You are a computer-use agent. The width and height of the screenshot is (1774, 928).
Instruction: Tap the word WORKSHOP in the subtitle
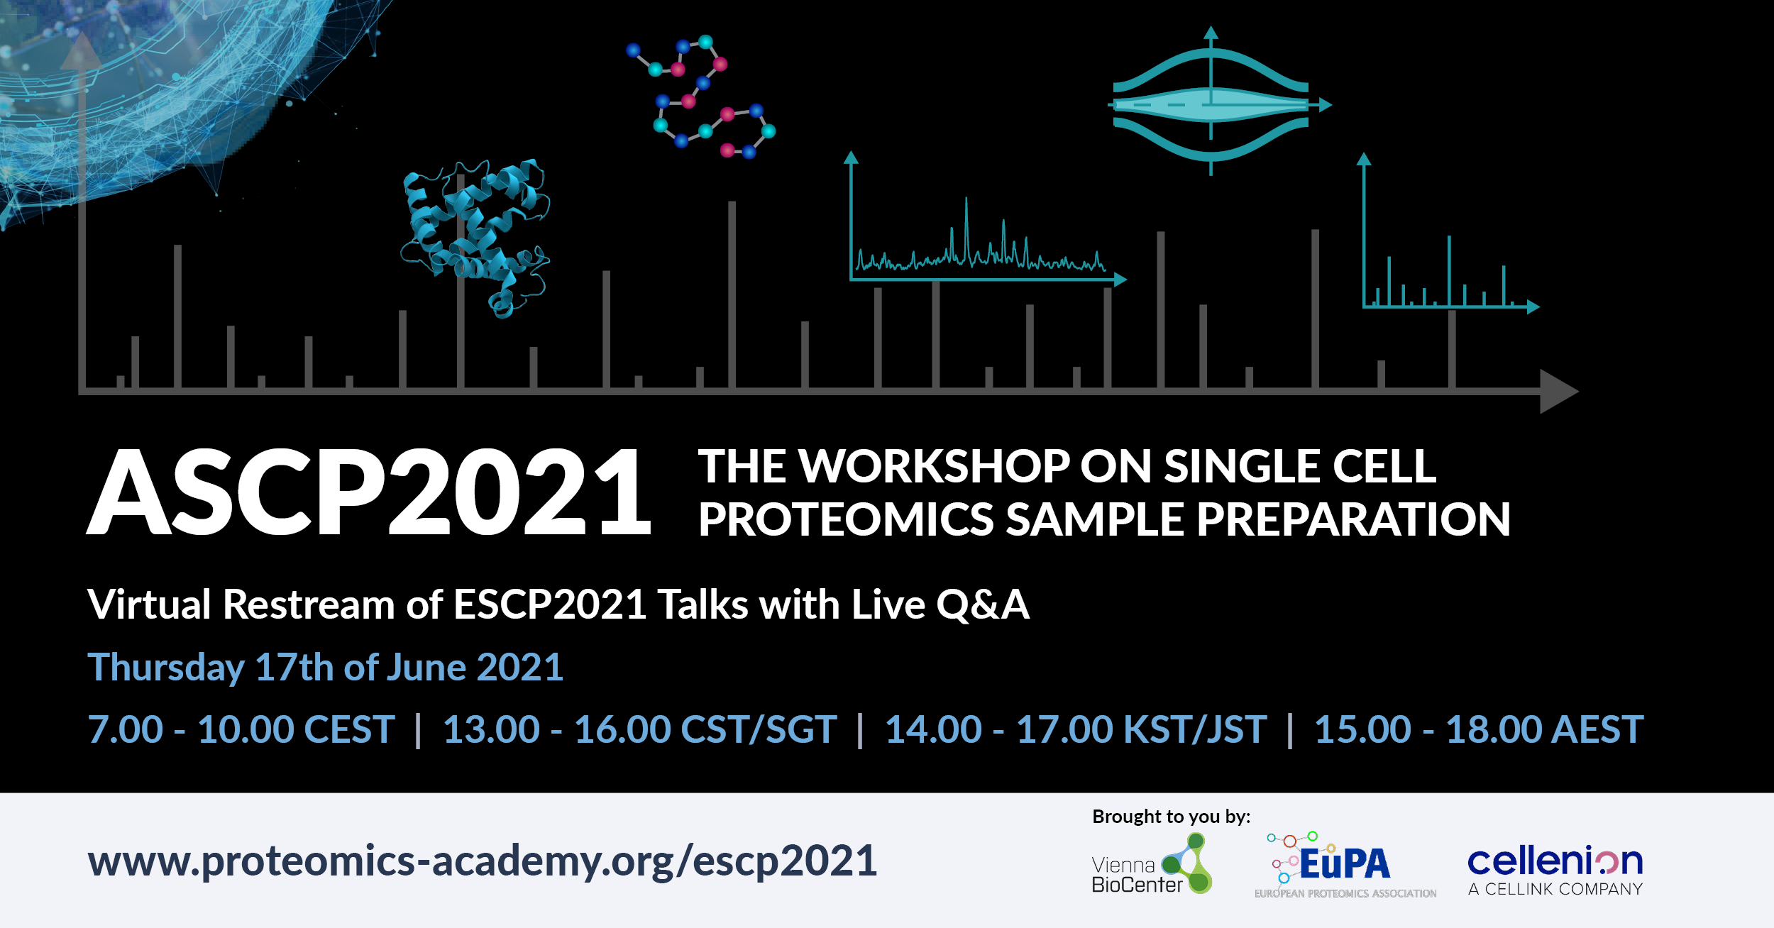(x=934, y=467)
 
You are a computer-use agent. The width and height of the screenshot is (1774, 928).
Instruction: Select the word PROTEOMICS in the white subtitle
(x=846, y=519)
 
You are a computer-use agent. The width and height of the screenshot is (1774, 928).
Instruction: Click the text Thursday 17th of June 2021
(x=325, y=668)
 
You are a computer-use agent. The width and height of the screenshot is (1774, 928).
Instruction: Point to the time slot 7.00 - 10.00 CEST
(x=241, y=729)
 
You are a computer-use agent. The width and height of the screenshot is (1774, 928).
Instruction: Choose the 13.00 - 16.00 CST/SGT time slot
(x=639, y=729)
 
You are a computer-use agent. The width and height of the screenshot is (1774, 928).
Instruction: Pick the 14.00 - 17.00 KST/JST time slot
(x=1076, y=729)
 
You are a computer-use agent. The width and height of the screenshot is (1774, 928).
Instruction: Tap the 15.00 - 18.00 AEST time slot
(x=1479, y=729)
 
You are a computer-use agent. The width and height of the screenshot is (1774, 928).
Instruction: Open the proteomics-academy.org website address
(x=483, y=861)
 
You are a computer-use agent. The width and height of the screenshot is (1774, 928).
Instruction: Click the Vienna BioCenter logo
(x=1152, y=864)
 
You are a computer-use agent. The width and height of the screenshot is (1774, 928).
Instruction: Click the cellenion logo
(x=1555, y=870)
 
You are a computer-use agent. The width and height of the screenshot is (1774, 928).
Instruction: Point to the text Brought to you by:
(x=1172, y=817)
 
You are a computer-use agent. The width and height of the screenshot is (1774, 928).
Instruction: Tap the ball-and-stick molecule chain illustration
(x=701, y=96)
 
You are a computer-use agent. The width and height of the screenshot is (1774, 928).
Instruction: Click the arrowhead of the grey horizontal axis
(x=1559, y=391)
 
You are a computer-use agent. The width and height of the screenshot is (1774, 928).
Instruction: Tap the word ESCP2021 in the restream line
(x=550, y=605)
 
